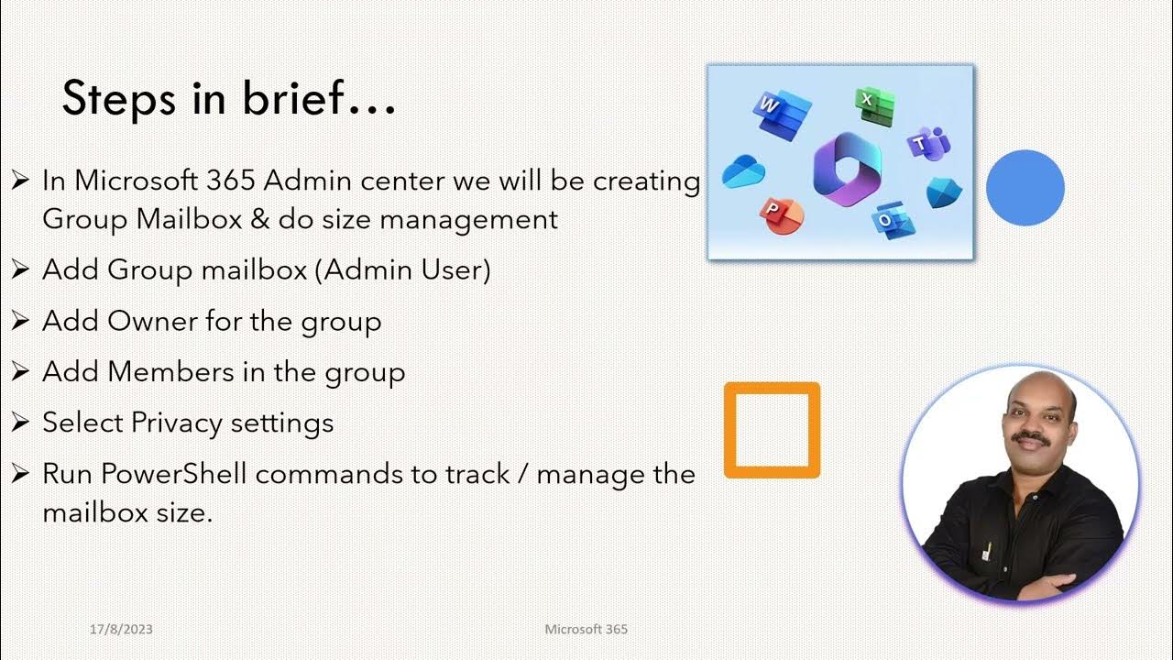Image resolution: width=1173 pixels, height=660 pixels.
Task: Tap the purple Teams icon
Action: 927,144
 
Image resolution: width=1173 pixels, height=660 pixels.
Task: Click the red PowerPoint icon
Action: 781,215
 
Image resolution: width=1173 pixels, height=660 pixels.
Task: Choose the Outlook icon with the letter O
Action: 891,220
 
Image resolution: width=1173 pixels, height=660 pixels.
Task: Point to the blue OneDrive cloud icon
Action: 742,172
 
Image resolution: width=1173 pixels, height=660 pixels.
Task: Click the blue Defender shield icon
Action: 943,192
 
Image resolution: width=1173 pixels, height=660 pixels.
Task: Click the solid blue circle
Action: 1025,188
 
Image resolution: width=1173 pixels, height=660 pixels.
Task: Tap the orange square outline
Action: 772,430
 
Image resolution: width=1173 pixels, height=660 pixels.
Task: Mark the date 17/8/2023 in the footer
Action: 121,629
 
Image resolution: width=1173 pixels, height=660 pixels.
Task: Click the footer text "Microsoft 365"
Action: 586,629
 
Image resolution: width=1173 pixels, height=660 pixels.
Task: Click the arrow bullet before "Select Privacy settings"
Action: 20,423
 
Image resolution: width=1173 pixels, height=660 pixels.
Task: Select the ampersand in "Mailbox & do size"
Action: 258,220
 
